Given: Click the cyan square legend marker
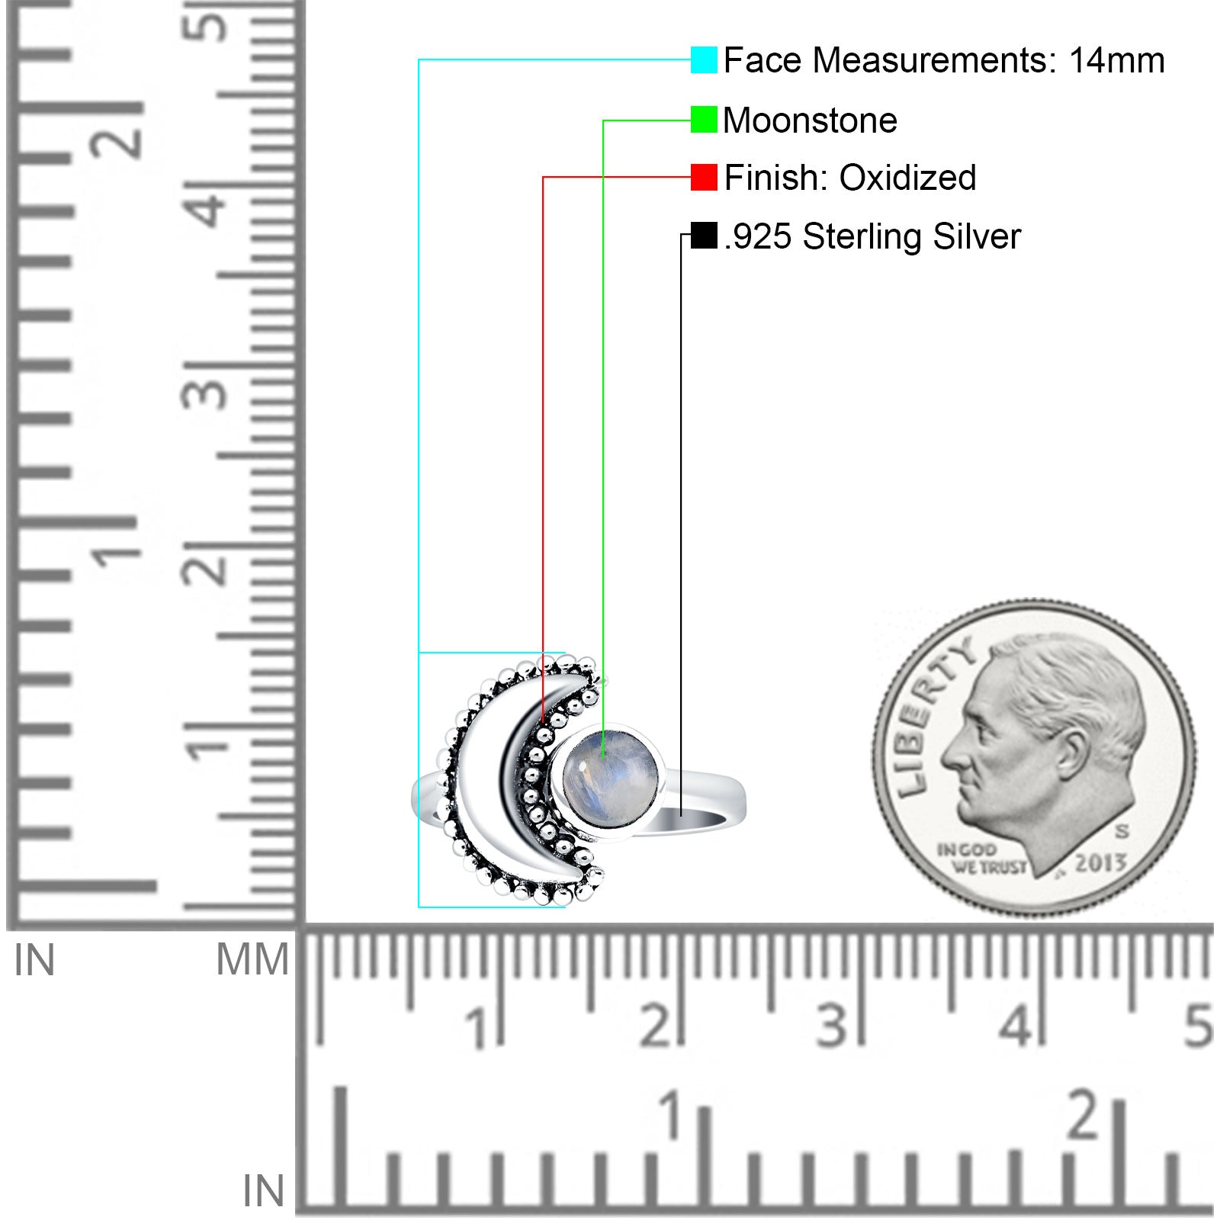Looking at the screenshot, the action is click(704, 59).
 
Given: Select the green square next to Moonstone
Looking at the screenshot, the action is click(704, 120).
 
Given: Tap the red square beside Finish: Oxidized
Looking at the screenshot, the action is click(704, 177).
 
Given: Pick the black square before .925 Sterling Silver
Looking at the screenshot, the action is click(704, 235).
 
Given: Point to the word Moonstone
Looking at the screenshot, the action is click(810, 120).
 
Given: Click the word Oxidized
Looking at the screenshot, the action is click(907, 178).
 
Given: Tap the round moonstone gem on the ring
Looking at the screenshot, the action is click(610, 780).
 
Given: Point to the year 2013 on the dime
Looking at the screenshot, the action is click(1100, 863).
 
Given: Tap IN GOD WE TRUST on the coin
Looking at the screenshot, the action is click(981, 859).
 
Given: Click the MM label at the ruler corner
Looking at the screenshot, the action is click(252, 959).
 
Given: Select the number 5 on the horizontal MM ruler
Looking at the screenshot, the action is click(1199, 1026).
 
